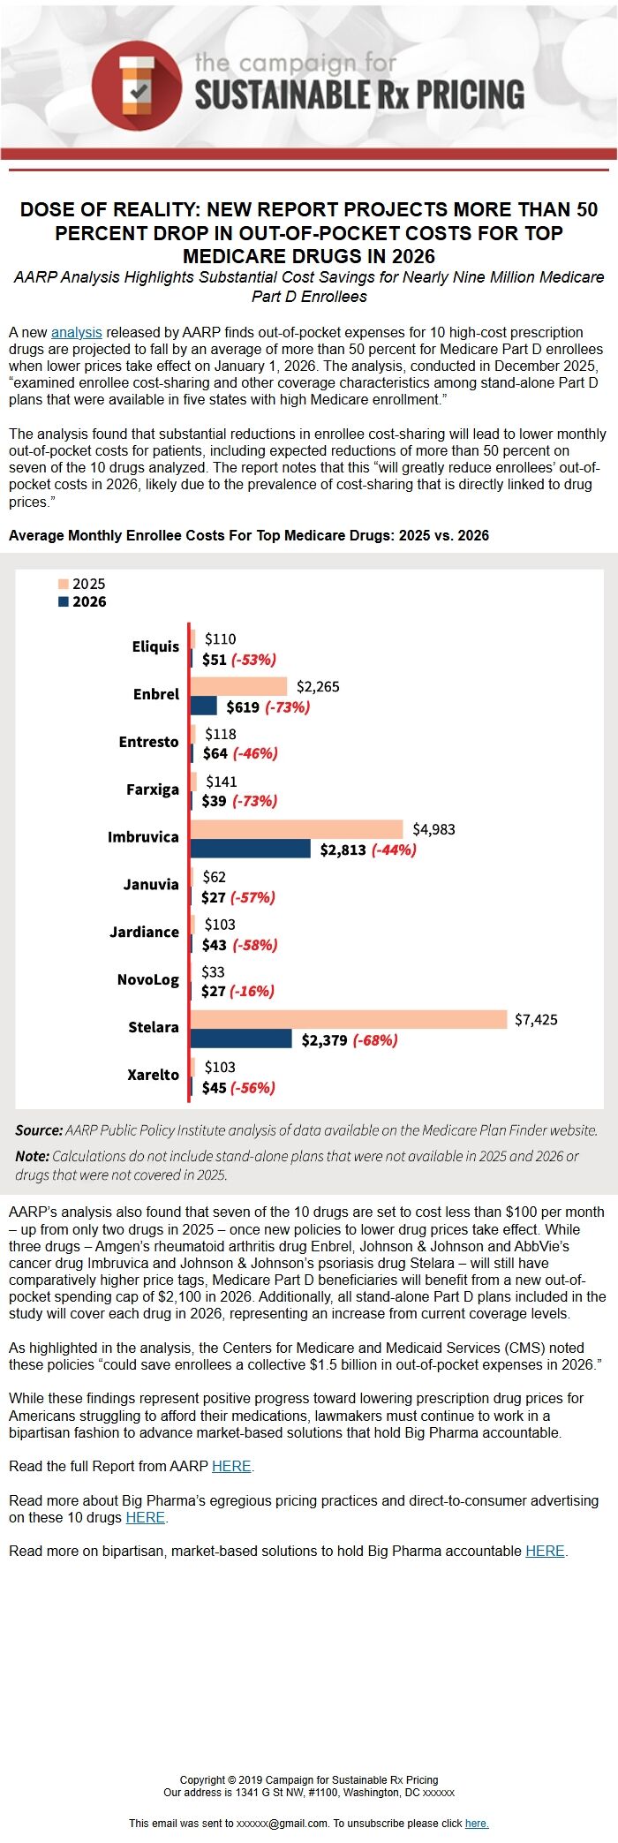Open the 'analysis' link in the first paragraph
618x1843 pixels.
point(76,333)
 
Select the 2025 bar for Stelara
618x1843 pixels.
point(349,1019)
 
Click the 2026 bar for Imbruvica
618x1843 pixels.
point(251,849)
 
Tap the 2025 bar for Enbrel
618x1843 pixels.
point(239,686)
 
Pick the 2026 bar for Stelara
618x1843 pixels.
point(241,1039)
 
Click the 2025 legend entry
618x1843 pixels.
point(82,584)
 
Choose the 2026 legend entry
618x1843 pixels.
point(82,601)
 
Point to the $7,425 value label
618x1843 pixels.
point(536,1019)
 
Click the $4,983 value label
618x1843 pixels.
point(433,829)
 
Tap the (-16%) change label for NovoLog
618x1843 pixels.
point(252,991)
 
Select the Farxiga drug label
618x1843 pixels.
point(152,789)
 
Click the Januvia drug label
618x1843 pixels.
point(151,884)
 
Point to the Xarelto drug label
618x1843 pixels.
point(153,1075)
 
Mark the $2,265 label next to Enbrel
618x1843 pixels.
point(318,686)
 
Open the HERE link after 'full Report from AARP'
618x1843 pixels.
point(231,1466)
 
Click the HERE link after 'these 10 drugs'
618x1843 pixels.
point(145,1517)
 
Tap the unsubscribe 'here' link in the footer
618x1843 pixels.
point(477,1823)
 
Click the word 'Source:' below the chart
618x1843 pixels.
point(39,1130)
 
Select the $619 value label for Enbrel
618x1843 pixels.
point(243,706)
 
